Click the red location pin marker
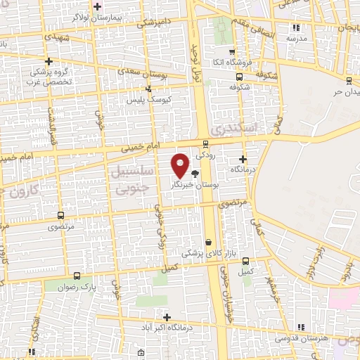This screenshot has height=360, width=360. pyautogui.click(x=180, y=165)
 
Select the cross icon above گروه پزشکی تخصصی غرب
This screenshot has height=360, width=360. pyautogui.click(x=48, y=60)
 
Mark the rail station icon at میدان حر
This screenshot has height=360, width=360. pyautogui.click(x=349, y=79)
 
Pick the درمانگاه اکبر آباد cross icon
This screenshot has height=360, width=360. pyautogui.click(x=166, y=317)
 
